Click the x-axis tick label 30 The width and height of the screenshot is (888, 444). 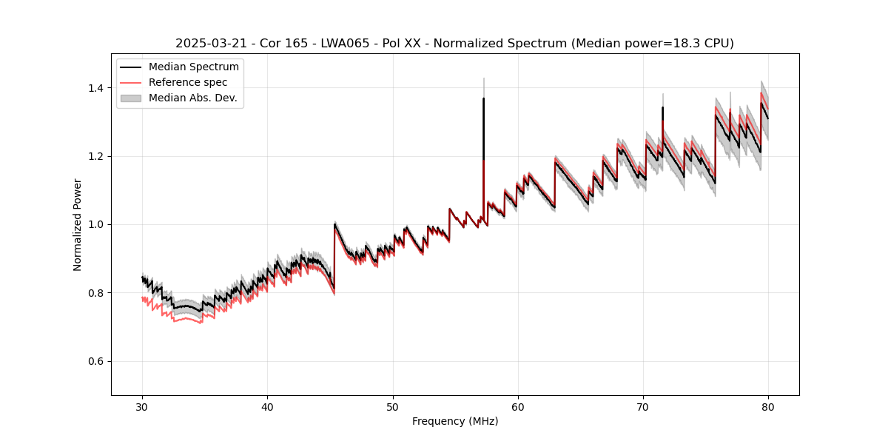pos(142,406)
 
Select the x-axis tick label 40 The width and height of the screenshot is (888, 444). pos(267,406)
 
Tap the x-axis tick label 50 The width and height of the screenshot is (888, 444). pos(393,406)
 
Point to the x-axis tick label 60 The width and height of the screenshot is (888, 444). pos(518,406)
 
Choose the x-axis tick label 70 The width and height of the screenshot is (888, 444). pos(643,406)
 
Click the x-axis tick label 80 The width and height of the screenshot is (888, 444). pos(768,406)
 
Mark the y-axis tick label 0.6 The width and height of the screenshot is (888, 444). pos(96,361)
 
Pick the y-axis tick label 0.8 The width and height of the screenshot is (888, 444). pos(96,293)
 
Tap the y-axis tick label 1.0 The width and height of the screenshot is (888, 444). pos(96,224)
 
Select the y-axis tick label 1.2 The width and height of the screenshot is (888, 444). pos(96,156)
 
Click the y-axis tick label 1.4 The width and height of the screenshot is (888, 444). pos(96,88)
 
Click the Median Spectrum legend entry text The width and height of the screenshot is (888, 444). pos(193,67)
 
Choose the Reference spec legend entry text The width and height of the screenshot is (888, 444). pos(188,82)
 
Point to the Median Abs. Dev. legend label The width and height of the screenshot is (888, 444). pos(192,98)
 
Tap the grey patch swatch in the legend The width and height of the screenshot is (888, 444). pos(133,98)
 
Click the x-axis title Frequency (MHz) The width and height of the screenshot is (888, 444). pos(455,421)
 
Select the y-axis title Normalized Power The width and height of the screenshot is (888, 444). pos(78,224)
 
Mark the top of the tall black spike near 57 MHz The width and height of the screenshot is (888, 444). pos(483,98)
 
